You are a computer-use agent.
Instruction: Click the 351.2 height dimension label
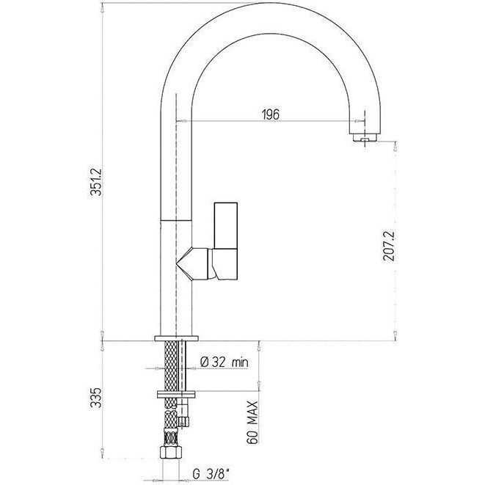click(x=97, y=182)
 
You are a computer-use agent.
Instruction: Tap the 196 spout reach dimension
click(x=271, y=114)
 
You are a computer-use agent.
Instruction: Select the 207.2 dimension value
click(x=388, y=247)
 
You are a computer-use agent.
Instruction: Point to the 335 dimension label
click(x=96, y=398)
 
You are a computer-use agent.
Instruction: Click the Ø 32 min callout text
click(x=225, y=362)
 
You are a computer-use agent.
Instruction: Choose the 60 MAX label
click(x=252, y=423)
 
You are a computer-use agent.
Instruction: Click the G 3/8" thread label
click(x=211, y=473)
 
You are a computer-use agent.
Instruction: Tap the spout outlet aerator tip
click(x=365, y=138)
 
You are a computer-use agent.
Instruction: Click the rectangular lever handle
click(x=226, y=241)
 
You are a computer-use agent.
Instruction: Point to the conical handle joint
click(x=194, y=263)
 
